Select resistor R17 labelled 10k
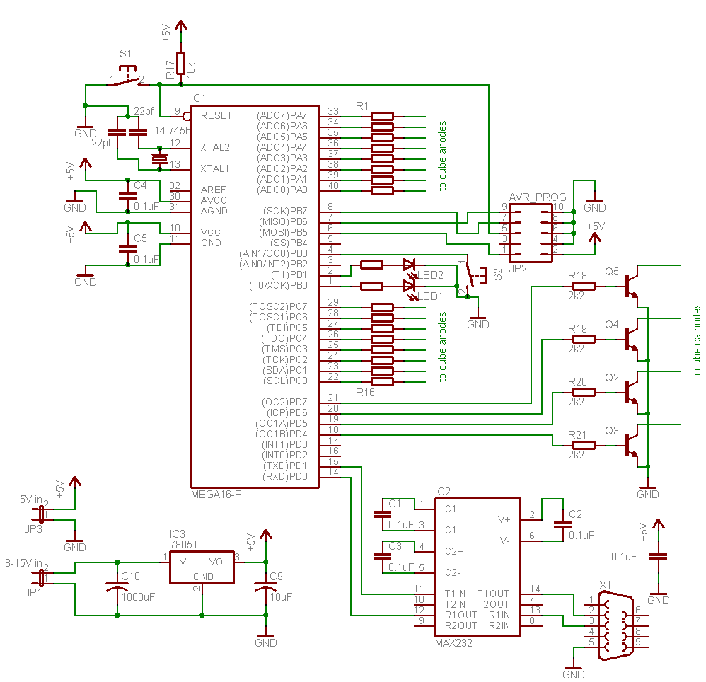pos(181,63)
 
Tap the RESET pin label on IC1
pos(216,115)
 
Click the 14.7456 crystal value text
pos(172,131)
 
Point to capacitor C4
pos(127,194)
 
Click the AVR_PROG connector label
pos(538,197)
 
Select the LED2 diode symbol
pos(409,265)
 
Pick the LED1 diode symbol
pos(409,287)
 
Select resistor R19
pos(584,339)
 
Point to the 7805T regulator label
pos(184,544)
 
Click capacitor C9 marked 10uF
pos(266,589)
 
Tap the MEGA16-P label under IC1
pos(216,493)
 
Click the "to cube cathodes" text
pos(697,343)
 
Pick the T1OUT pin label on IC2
pos(492,594)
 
